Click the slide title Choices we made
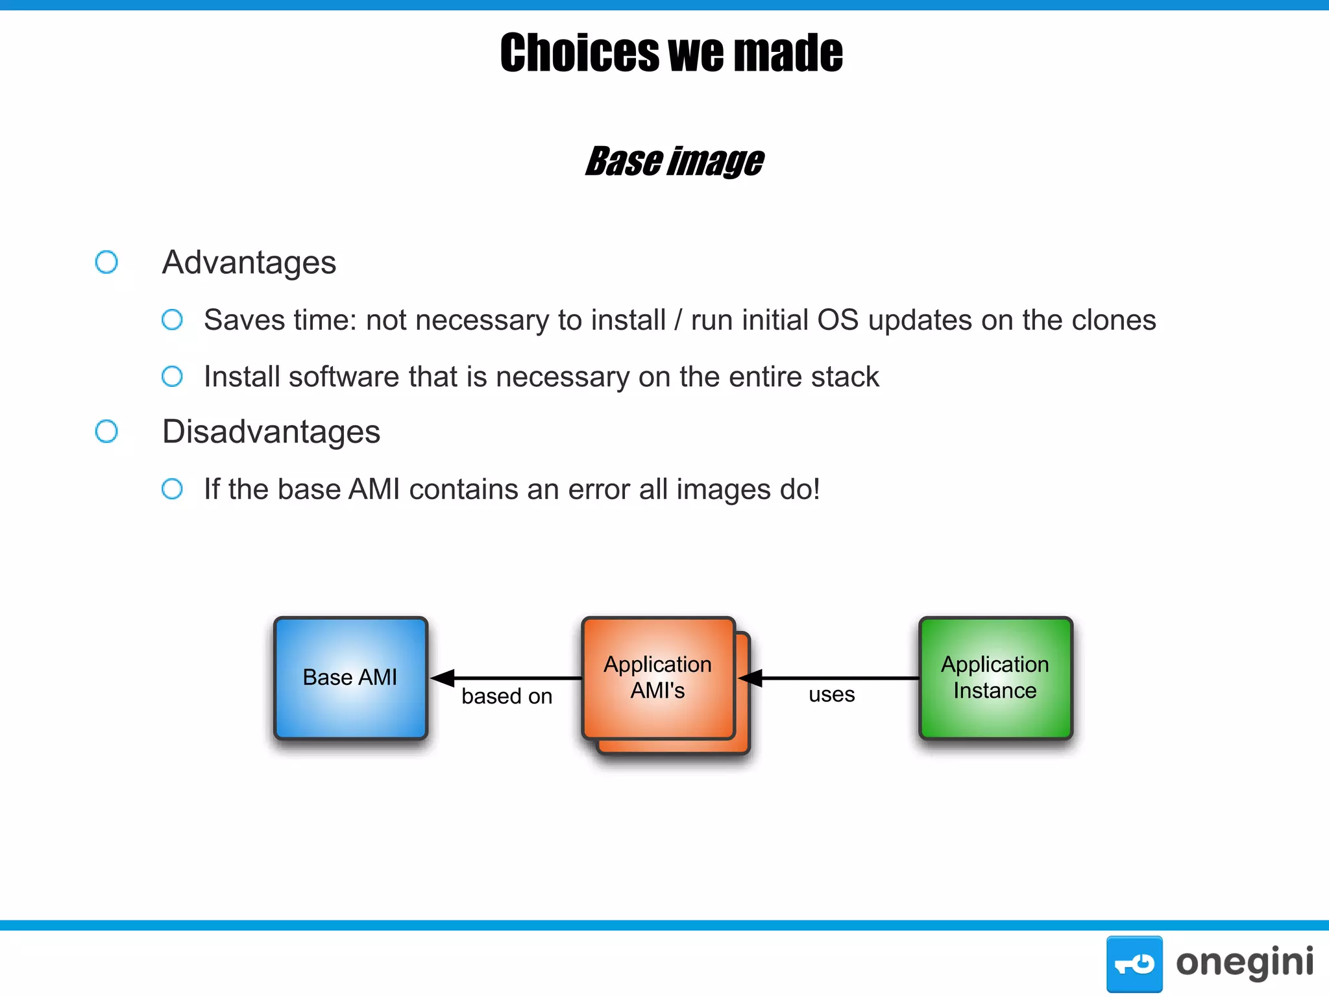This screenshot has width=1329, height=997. [x=671, y=53]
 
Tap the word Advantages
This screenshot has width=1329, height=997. [x=249, y=262]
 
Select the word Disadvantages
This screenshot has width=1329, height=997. [x=271, y=432]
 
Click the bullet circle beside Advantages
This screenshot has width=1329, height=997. [x=106, y=262]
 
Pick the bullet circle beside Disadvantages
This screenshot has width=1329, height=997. [x=106, y=432]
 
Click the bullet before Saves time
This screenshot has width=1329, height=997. [x=172, y=319]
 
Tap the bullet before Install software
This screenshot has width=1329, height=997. [x=172, y=376]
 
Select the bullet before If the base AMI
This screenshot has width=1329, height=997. [x=172, y=489]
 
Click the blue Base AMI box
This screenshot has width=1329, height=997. [x=350, y=678]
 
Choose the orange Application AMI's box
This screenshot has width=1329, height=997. [x=658, y=678]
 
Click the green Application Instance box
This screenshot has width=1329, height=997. [x=995, y=678]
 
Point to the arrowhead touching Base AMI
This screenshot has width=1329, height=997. [x=443, y=678]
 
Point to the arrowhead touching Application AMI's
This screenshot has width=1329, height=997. [x=750, y=678]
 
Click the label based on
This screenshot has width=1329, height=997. [x=507, y=696]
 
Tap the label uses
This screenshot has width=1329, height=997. [x=831, y=695]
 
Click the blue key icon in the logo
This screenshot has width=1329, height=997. [x=1134, y=963]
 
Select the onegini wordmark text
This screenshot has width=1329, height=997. [x=1244, y=963]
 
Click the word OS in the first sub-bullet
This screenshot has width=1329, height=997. [x=837, y=320]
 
